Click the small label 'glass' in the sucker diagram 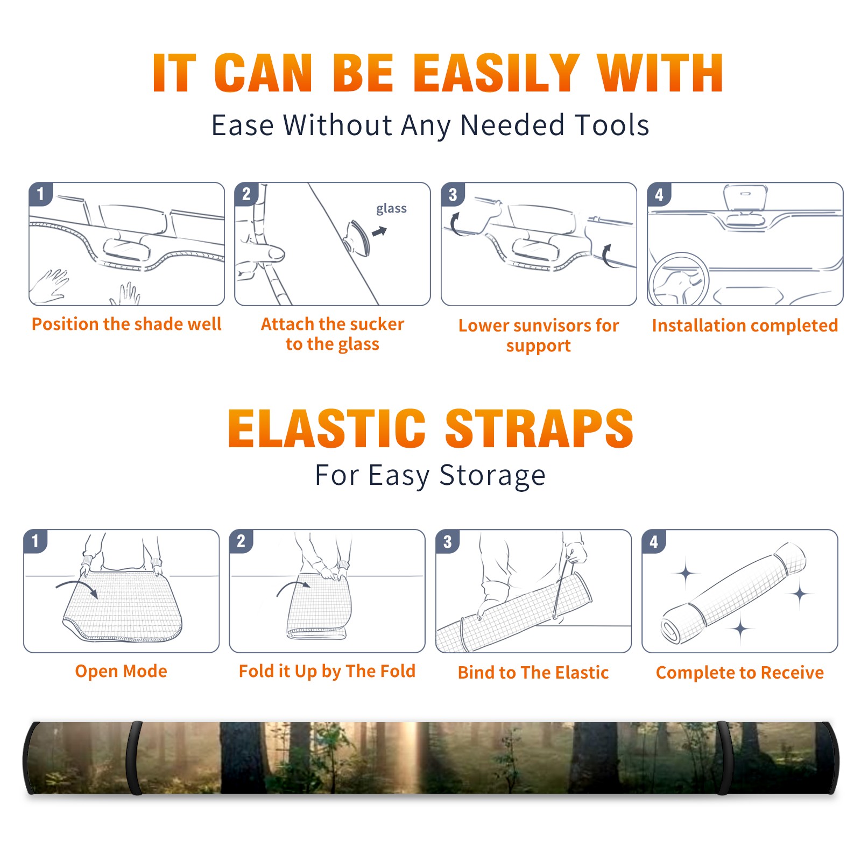coord(391,208)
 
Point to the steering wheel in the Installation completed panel coord(679,279)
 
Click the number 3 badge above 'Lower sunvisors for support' coord(453,194)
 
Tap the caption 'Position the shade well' coord(126,324)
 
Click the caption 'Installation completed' coord(745,326)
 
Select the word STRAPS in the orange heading coord(539,428)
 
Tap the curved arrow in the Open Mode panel coord(77,588)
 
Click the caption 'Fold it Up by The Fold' coord(327,671)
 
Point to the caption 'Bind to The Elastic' coord(533,673)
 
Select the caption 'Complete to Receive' coord(740,673)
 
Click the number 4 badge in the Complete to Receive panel coord(654,541)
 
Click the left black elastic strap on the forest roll coord(135,758)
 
